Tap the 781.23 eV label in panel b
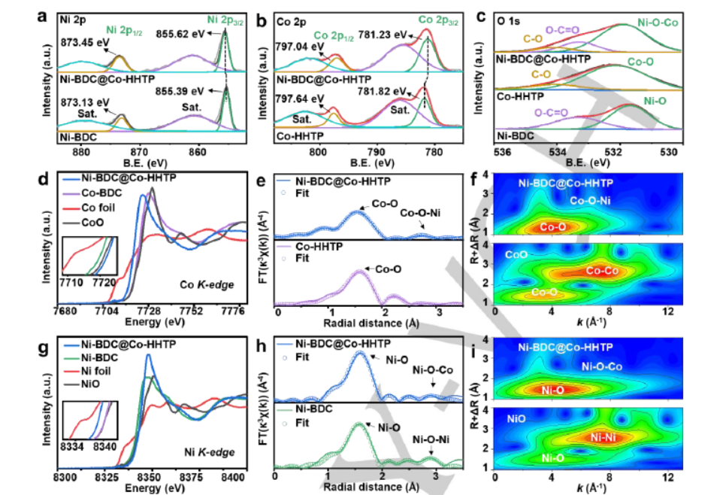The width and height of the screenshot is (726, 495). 393,34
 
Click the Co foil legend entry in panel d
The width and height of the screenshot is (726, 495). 101,208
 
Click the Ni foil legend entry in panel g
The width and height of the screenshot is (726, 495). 99,371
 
